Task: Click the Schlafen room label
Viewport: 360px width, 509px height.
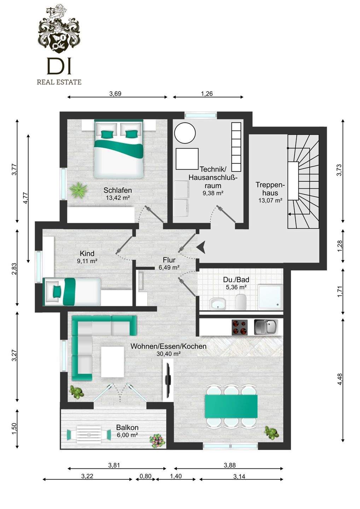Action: [117, 190]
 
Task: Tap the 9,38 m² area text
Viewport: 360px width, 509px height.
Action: [213, 193]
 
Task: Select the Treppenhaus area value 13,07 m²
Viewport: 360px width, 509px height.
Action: [270, 200]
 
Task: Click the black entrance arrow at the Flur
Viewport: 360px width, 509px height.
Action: [201, 247]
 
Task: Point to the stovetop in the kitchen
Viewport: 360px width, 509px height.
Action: [239, 327]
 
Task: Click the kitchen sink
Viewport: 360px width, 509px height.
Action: [266, 327]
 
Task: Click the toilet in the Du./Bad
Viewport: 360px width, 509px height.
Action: [240, 301]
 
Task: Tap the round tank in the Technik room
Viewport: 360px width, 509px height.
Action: [185, 133]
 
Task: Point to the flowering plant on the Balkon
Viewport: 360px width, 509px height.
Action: [157, 441]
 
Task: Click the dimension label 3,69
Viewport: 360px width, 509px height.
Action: [115, 94]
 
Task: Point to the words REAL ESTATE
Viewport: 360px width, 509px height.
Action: [59, 82]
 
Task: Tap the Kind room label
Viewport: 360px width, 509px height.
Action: [87, 253]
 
